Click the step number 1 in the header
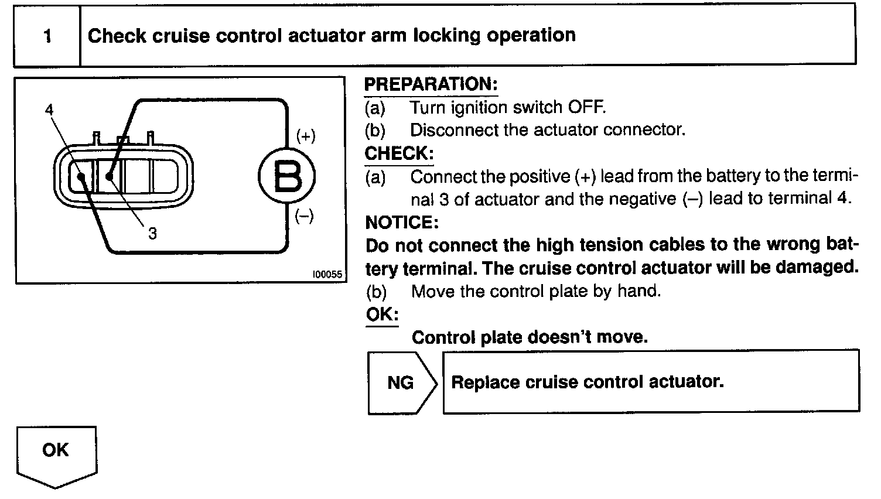click(x=47, y=36)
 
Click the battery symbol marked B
click(x=287, y=176)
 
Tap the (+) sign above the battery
click(x=306, y=136)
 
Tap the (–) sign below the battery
click(x=304, y=216)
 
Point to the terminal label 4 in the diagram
click(x=49, y=110)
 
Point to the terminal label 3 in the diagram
click(x=152, y=234)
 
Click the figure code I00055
click(x=327, y=274)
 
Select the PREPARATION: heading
click(x=431, y=84)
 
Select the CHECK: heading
click(x=399, y=153)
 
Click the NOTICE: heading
click(x=401, y=223)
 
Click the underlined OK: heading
click(x=382, y=314)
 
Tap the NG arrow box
click(x=401, y=383)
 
